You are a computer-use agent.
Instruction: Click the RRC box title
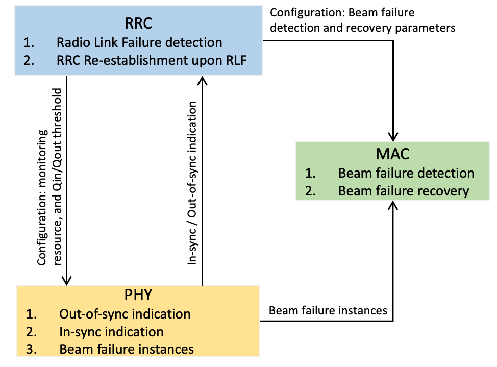[x=138, y=24]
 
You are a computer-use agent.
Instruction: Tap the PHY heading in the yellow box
[x=138, y=296]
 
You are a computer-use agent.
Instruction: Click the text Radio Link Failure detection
[x=139, y=42]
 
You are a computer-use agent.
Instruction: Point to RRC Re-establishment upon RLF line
[x=152, y=60]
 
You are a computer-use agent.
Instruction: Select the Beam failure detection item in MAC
[x=406, y=173]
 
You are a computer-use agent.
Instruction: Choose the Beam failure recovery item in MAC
[x=403, y=191]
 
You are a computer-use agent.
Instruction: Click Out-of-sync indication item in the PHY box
[x=125, y=313]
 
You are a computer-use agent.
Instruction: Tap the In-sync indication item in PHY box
[x=111, y=331]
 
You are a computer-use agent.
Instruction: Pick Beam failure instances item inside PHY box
[x=127, y=349]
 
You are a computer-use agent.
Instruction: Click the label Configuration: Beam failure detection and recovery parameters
[x=362, y=20]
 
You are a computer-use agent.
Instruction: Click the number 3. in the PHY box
[x=32, y=349]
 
